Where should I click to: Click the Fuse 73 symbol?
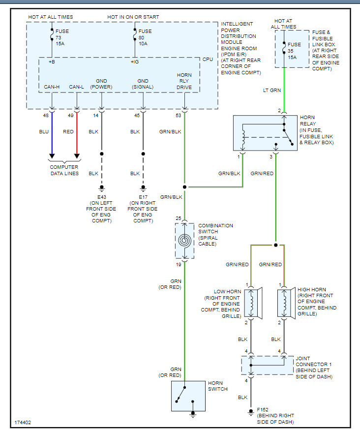(52, 37)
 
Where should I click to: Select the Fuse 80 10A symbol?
(135, 37)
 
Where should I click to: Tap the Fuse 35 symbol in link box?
(284, 50)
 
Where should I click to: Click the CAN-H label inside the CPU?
(52, 87)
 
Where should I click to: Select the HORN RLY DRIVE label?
(184, 81)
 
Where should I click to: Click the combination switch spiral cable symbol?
(184, 241)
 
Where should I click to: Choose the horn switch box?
(188, 396)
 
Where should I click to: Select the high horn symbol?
(285, 303)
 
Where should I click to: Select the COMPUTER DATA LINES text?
(64, 170)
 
